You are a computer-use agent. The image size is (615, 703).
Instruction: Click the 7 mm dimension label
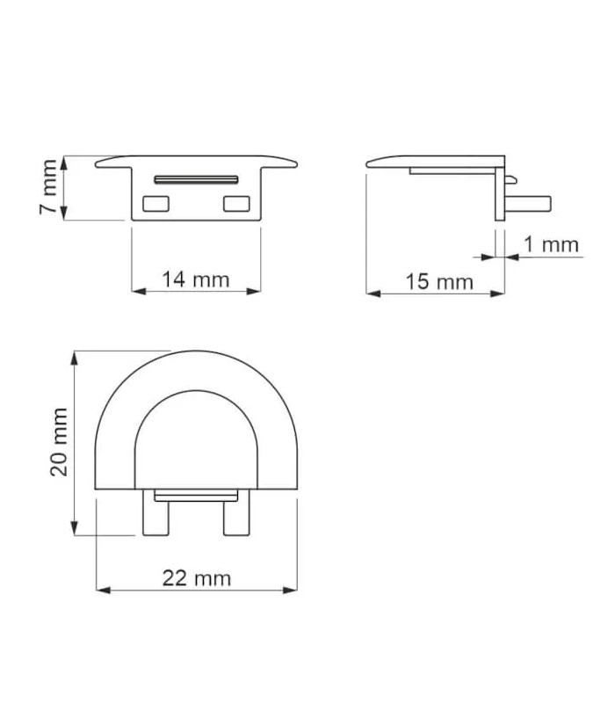(x=50, y=187)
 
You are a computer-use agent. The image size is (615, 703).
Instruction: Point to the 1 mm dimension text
(x=551, y=244)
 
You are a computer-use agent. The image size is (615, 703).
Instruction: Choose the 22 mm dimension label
(x=197, y=577)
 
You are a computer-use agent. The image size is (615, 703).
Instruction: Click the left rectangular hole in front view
(x=157, y=204)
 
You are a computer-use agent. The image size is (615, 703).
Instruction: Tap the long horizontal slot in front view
(x=196, y=178)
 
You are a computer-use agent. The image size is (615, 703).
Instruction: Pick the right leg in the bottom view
(x=235, y=515)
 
